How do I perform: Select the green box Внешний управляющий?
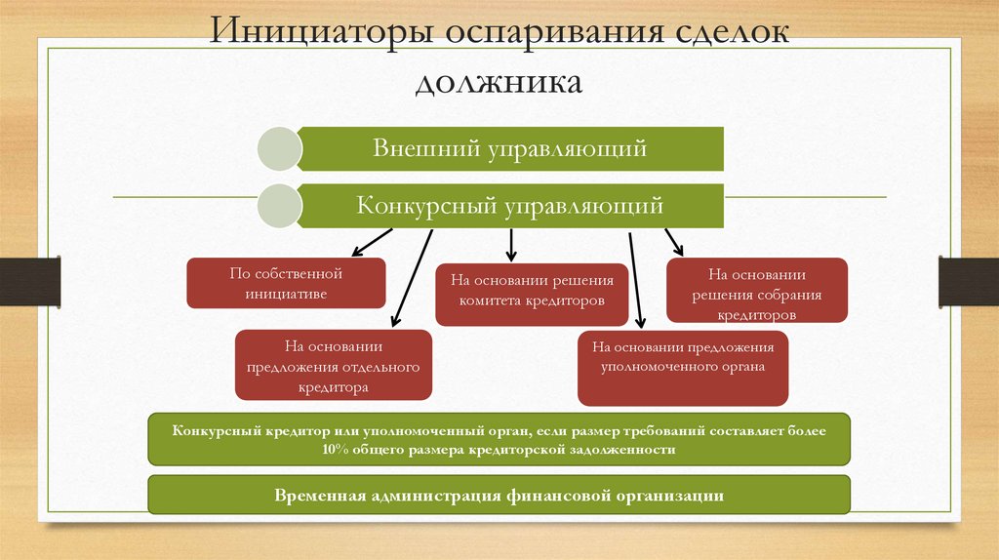510,148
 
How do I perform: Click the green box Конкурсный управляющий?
510,206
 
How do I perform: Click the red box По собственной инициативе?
286,283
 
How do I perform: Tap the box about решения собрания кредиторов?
757,291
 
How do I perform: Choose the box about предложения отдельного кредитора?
334,365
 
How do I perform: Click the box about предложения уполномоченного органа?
682,367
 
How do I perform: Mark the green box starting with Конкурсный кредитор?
499,439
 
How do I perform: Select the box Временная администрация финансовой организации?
499,495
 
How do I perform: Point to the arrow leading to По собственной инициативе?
372,240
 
